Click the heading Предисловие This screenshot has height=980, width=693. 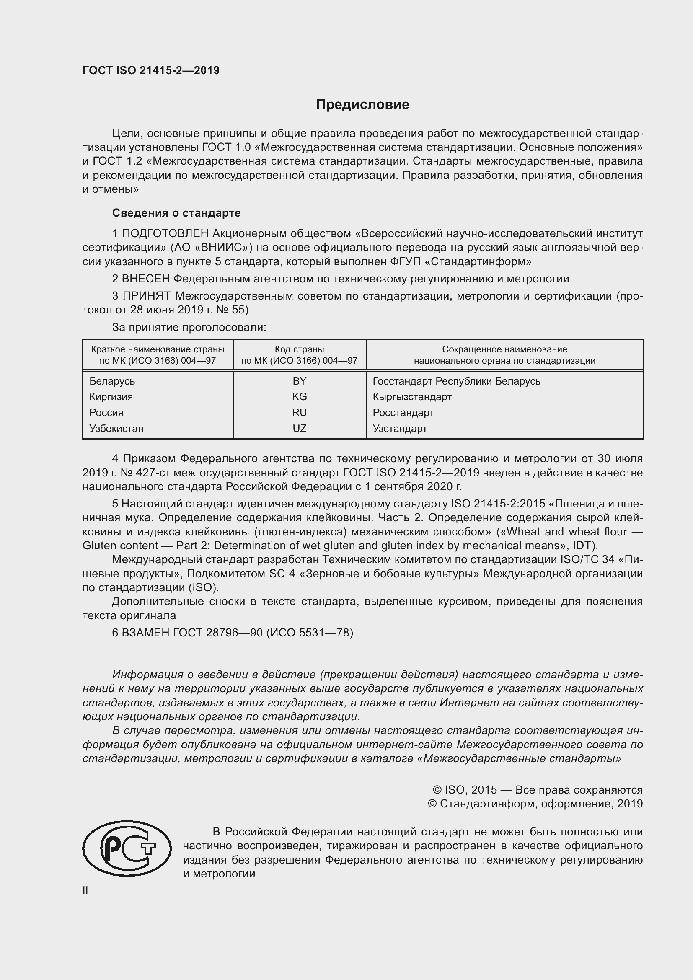362,105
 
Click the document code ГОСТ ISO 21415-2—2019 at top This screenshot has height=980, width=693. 151,71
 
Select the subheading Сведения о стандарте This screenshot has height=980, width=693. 176,212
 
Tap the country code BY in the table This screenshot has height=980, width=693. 299,381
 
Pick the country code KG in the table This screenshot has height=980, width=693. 299,396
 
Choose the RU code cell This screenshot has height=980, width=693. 299,412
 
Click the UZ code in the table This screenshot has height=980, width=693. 299,428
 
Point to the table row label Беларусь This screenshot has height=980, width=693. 112,381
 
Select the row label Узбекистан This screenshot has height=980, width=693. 116,428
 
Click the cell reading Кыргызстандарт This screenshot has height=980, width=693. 412,396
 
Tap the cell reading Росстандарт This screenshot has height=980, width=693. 403,412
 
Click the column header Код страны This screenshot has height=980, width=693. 299,349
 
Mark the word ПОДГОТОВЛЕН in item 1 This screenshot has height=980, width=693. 165,233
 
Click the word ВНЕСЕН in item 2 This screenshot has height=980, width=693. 146,279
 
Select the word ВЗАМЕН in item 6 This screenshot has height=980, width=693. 145,633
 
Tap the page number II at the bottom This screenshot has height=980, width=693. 85,890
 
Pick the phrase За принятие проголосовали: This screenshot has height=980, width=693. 189,327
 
